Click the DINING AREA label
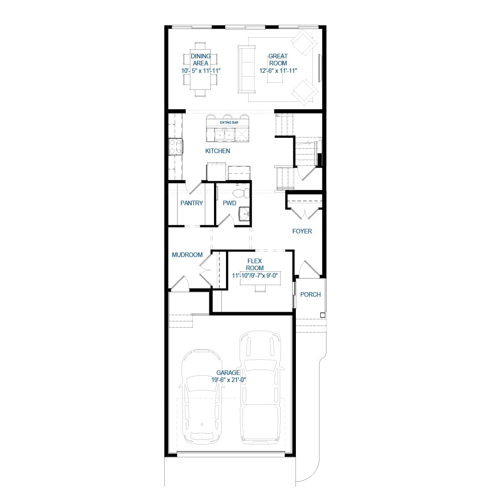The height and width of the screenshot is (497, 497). point(201,60)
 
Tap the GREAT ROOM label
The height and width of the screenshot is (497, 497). point(278,60)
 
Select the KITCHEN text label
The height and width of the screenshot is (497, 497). point(218,151)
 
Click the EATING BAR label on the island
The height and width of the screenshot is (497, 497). point(229,122)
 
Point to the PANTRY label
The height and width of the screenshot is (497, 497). point(192,203)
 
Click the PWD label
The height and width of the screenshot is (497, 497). point(229,203)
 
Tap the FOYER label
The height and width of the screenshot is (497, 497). point(302,231)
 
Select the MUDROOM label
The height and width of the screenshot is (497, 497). point(187,255)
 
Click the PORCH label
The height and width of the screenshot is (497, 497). point(310,295)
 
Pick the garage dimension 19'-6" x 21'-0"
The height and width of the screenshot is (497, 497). point(229,380)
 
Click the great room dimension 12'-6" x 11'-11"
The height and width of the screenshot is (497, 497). point(278,71)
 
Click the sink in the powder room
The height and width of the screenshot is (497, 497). point(244,214)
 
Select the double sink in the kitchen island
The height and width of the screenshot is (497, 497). point(223,134)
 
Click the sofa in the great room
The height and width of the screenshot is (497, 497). point(245,70)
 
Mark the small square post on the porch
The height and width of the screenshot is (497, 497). point(323,315)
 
